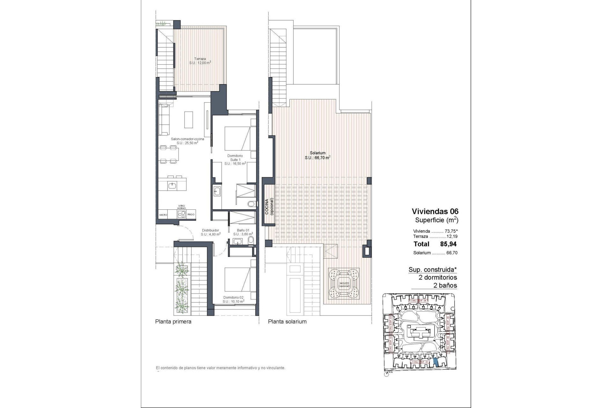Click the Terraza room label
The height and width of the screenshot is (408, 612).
coord(200,61)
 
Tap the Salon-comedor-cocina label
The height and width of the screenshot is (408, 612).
coord(187,141)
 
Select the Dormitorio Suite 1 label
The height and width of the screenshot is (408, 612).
coord(235,160)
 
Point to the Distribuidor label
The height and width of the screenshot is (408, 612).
coord(210,232)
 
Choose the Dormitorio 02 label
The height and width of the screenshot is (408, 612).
coord(233,299)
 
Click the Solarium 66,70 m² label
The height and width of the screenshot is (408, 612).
coord(317,155)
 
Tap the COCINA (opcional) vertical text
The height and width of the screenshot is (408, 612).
coord(269,207)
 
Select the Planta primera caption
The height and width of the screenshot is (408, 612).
coord(173,322)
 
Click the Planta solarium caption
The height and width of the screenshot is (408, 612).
coord(287,322)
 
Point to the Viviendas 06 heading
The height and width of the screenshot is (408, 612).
coord(435,211)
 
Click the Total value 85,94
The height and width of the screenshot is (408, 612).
coord(448,244)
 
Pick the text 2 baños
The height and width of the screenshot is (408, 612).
coord(445,286)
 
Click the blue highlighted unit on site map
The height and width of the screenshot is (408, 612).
coord(436,362)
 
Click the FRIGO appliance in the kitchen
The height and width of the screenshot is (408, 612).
coord(191,215)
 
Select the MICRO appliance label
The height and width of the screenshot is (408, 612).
coord(163,215)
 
